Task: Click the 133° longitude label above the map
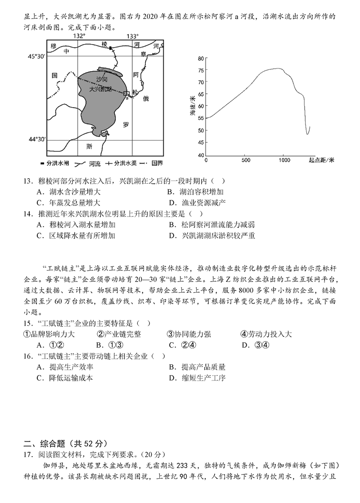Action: [x=132, y=36]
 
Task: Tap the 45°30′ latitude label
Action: [x=37, y=56]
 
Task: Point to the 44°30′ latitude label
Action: [x=37, y=140]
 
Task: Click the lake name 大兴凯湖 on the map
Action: [x=103, y=89]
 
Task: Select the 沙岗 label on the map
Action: [x=102, y=79]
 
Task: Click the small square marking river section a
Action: [x=126, y=94]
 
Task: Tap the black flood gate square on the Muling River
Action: [x=110, y=47]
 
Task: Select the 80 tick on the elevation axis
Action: [x=200, y=58]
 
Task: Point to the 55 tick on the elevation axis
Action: [x=200, y=118]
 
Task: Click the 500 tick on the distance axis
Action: [x=245, y=160]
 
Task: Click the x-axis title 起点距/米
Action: [x=322, y=160]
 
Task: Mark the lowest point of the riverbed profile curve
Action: [x=308, y=134]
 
